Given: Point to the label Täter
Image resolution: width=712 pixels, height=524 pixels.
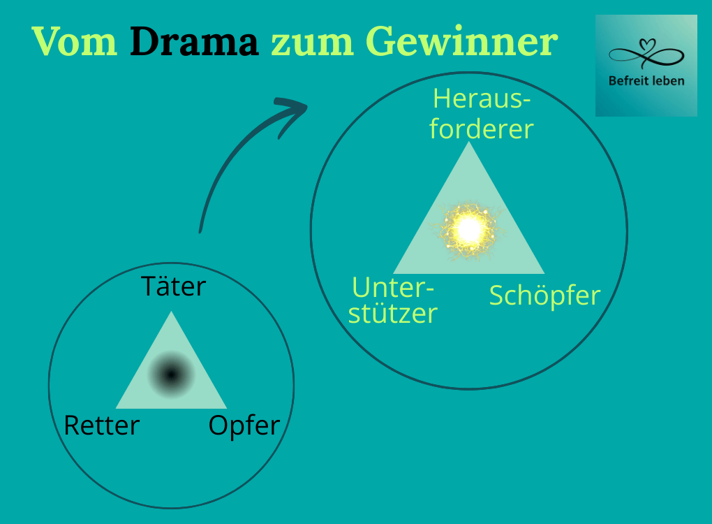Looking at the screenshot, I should click(174, 286).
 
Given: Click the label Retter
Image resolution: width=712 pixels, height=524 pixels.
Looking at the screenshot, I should click(101, 425).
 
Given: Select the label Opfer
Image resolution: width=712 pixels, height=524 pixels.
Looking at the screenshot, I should click(244, 425).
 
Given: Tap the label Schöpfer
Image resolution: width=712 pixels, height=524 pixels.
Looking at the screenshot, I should click(544, 296).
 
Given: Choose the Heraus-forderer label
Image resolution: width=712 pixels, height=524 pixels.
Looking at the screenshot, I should click(482, 114).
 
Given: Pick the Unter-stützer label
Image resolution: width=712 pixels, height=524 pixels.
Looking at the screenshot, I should click(393, 300).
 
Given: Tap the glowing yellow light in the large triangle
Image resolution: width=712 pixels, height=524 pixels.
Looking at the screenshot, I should click(468, 228).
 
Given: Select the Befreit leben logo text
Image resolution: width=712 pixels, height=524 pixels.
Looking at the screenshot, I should click(646, 81).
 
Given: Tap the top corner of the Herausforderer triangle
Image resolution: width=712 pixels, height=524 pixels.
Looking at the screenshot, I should click(468, 144).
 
